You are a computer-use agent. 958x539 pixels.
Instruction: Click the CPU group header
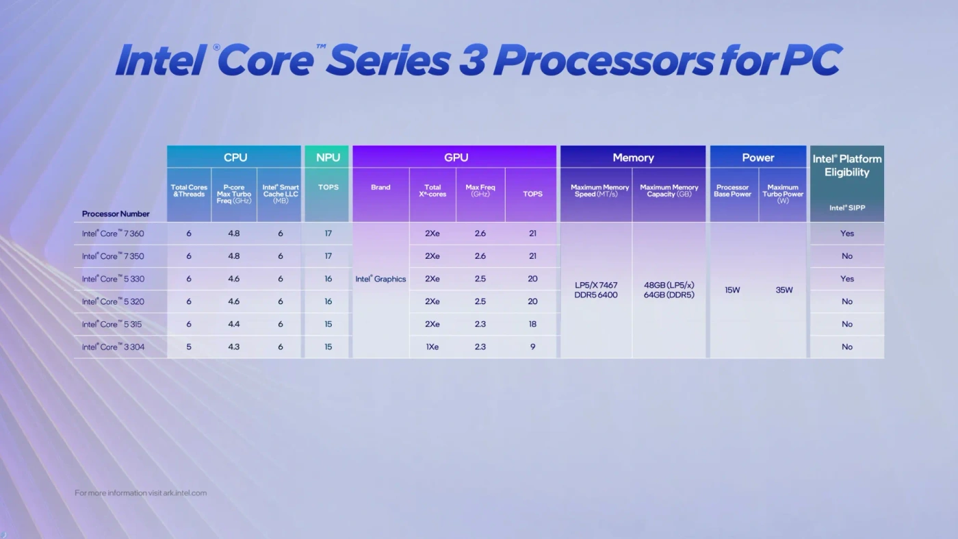click(x=235, y=158)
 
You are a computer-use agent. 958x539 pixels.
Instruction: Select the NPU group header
click(x=328, y=158)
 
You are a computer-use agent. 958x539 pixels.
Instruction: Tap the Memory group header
click(x=633, y=158)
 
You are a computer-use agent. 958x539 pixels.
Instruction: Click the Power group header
click(x=758, y=158)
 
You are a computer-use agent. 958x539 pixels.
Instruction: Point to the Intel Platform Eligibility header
click(x=847, y=165)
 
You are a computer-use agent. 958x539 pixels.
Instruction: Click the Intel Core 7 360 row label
click(x=113, y=234)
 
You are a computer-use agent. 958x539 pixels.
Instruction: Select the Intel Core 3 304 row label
click(x=113, y=347)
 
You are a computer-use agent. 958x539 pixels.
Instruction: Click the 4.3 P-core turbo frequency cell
click(x=234, y=347)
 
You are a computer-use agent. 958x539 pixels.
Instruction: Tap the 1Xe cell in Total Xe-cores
click(x=432, y=347)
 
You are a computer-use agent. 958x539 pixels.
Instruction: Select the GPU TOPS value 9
click(x=532, y=347)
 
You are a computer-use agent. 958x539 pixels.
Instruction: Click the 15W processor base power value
click(x=732, y=290)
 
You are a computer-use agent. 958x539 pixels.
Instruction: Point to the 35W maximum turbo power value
click(x=784, y=290)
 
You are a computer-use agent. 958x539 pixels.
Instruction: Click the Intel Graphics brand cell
click(x=380, y=279)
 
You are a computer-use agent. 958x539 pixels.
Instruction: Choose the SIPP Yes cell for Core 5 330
click(x=847, y=279)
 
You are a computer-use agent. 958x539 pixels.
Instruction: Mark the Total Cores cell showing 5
click(x=189, y=347)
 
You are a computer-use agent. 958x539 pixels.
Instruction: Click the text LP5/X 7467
click(x=596, y=285)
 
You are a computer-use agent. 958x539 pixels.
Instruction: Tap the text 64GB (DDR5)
click(x=669, y=295)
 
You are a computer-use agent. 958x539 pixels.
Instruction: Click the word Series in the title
click(x=387, y=60)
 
